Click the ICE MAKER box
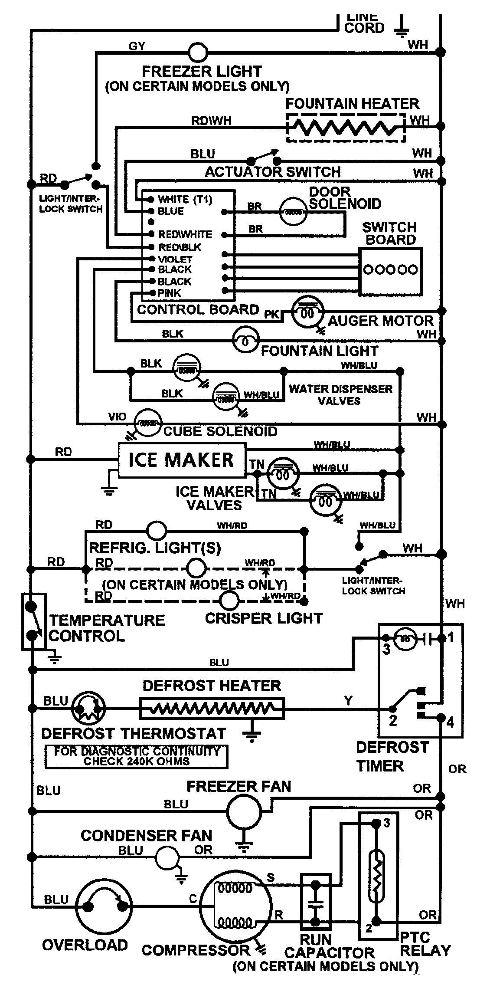click(x=181, y=460)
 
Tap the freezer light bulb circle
click(x=198, y=53)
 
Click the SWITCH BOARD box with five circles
click(x=390, y=271)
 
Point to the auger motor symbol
click(x=307, y=312)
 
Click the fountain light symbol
click(x=245, y=341)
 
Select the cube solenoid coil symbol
click(x=148, y=422)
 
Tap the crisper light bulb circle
click(x=229, y=601)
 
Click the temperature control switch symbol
click(x=33, y=622)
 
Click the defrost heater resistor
click(x=212, y=708)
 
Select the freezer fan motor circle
click(x=244, y=812)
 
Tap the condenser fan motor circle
click(x=167, y=857)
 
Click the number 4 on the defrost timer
click(x=450, y=722)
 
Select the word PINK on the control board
click(x=169, y=293)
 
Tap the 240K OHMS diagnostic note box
click(x=136, y=756)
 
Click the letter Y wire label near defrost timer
click(x=348, y=701)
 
